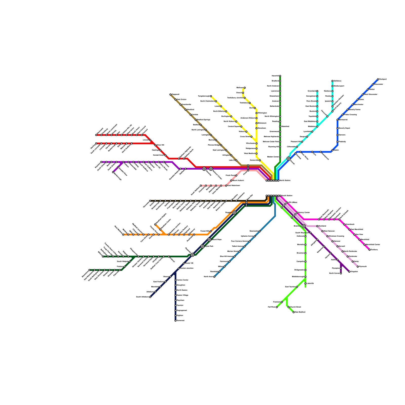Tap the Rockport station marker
(x=378, y=79)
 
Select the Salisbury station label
(x=338, y=81)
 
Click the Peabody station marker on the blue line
(x=337, y=142)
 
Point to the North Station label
(x=285, y=180)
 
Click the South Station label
(x=287, y=196)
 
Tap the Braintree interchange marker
(x=304, y=226)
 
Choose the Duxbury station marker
(x=370, y=250)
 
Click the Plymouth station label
(x=363, y=267)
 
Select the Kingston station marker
(x=349, y=272)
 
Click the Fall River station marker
(x=277, y=307)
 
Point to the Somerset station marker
(x=175, y=321)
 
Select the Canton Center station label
(x=183, y=280)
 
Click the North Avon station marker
(x=214, y=277)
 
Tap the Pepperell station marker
(x=170, y=94)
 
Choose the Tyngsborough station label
(x=204, y=96)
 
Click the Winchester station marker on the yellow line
(x=256, y=144)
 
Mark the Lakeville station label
(x=310, y=283)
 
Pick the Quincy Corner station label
(x=304, y=212)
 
